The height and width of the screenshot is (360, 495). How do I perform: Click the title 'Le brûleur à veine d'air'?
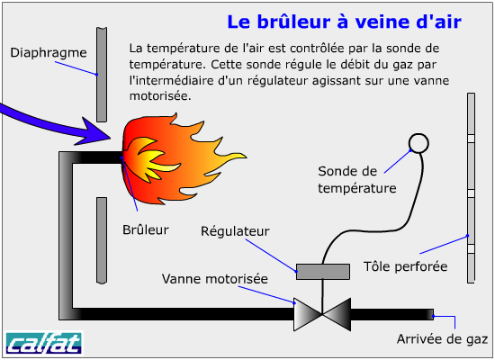click(x=344, y=22)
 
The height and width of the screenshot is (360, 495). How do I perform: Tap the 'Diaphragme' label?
click(x=49, y=53)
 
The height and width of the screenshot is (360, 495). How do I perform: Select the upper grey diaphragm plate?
click(x=102, y=75)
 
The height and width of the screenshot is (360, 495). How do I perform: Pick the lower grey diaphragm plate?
click(x=102, y=240)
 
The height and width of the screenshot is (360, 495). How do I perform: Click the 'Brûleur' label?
click(x=146, y=229)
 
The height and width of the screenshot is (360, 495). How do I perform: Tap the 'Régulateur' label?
click(x=235, y=231)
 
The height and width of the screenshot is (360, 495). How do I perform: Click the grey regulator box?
click(x=322, y=272)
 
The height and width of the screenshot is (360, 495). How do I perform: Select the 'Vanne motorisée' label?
click(x=215, y=279)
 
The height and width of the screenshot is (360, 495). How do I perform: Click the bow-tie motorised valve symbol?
click(x=322, y=314)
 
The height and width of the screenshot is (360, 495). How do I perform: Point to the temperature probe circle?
click(x=418, y=143)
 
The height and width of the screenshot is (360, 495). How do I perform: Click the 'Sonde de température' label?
click(x=357, y=180)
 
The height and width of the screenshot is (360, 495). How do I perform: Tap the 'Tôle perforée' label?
click(x=405, y=266)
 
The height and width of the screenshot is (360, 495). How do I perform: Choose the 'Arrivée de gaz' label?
click(x=442, y=339)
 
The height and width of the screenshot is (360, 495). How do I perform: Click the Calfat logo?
click(x=43, y=343)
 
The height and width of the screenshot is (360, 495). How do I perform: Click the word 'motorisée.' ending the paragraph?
click(x=160, y=96)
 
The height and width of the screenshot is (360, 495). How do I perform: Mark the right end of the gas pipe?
click(x=433, y=314)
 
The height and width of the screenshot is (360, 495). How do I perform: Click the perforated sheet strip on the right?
click(x=471, y=188)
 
